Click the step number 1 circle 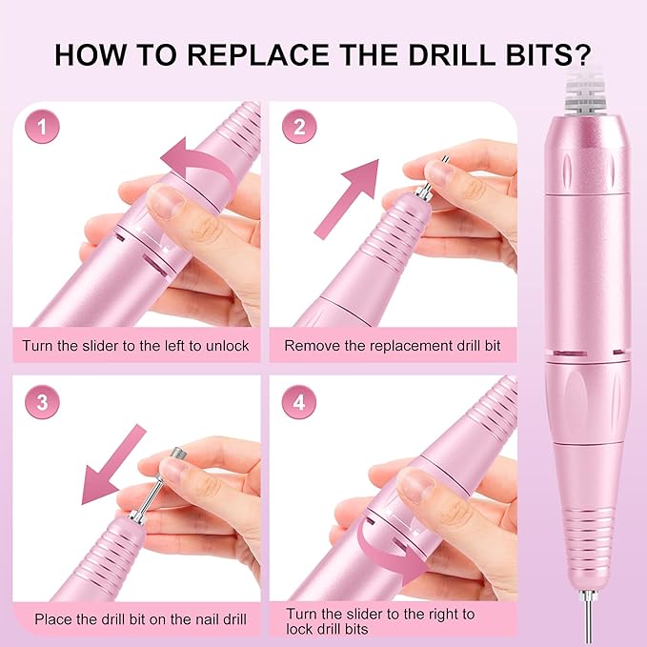click(x=41, y=126)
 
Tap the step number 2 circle click(x=299, y=126)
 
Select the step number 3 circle click(x=41, y=402)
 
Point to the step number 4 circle click(x=299, y=402)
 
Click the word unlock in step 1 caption click(x=226, y=345)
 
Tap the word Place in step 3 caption click(x=54, y=619)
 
